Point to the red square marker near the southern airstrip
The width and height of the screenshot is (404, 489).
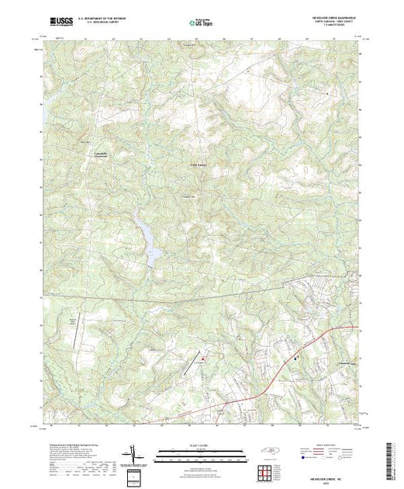click(205, 358)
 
